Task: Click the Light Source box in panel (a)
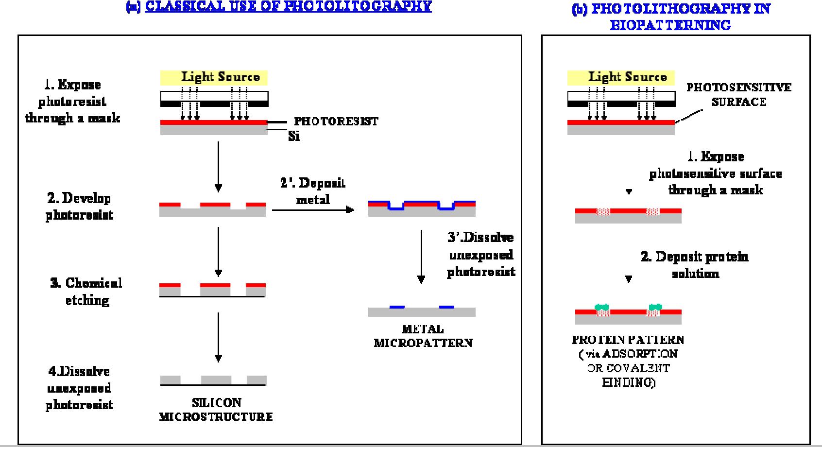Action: click(x=214, y=77)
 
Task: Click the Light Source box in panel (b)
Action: click(x=621, y=77)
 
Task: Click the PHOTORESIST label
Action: click(x=336, y=121)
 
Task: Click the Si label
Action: click(x=294, y=137)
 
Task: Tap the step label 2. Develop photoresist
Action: click(x=79, y=207)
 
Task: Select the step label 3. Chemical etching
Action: click(x=86, y=292)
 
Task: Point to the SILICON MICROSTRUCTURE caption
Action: click(x=216, y=410)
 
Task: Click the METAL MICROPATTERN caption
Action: click(x=423, y=336)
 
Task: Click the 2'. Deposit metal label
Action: click(x=313, y=190)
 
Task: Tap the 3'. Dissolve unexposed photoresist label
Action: click(x=480, y=255)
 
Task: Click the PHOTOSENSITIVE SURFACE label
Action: click(x=738, y=95)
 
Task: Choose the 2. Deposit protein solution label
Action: click(x=695, y=265)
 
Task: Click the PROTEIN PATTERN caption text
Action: click(x=628, y=340)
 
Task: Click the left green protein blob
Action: click(x=602, y=307)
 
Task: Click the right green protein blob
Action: click(x=655, y=307)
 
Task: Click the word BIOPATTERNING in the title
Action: click(x=670, y=25)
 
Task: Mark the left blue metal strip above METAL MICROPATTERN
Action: click(x=397, y=307)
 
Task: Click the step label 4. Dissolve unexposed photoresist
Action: click(x=79, y=388)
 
